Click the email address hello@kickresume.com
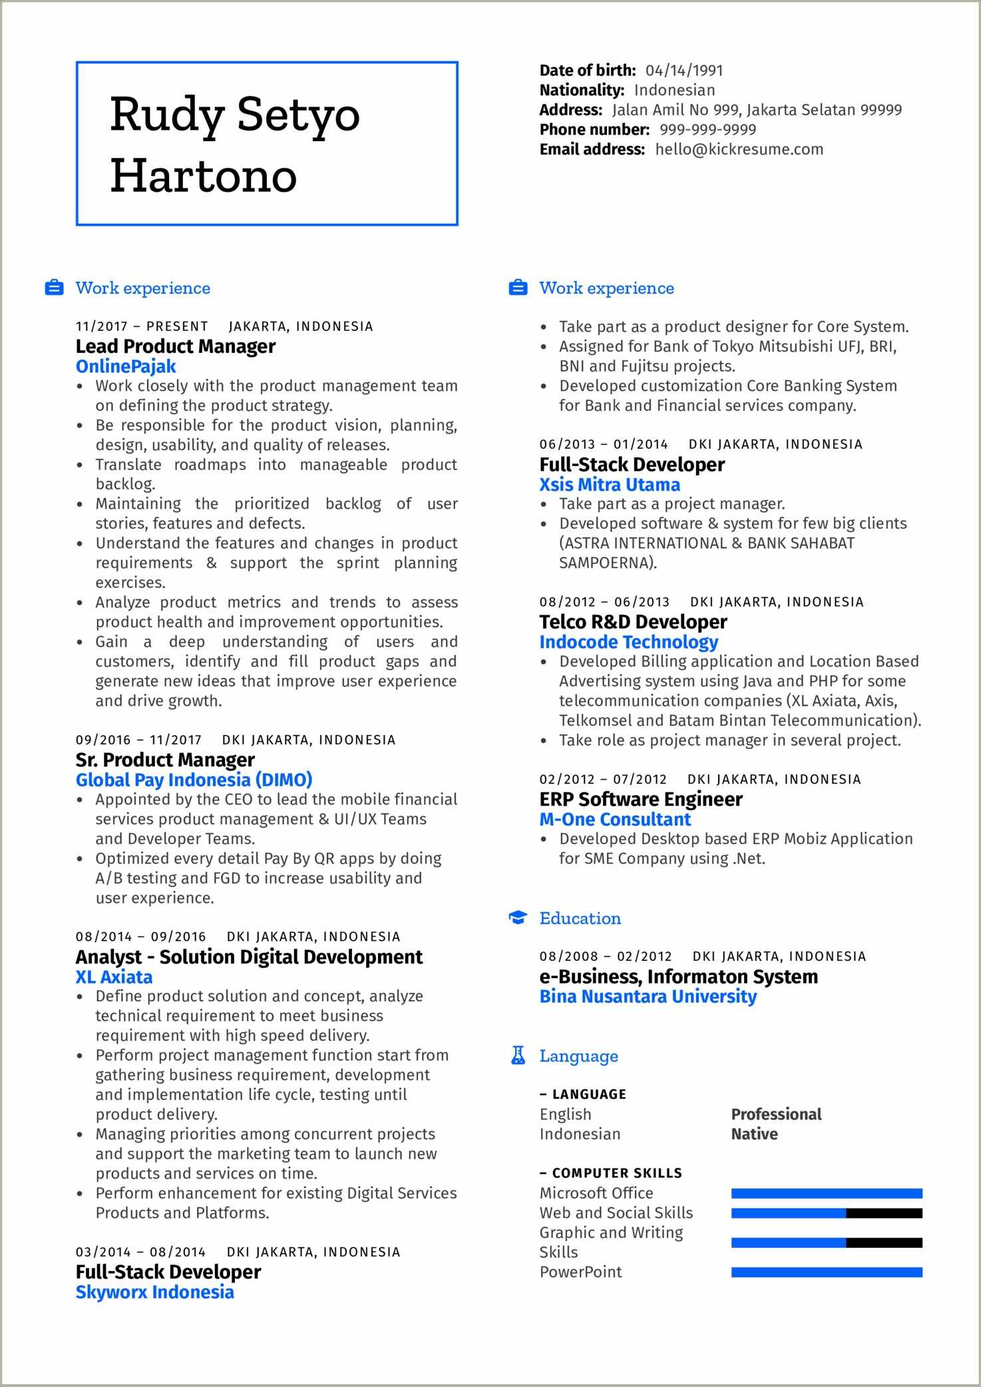[739, 149]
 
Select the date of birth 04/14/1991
[684, 71]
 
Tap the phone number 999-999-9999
[707, 130]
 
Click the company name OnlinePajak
[126, 366]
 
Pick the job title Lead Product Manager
[175, 346]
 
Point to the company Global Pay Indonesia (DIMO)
[194, 780]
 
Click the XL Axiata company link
[114, 977]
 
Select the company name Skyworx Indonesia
[154, 1292]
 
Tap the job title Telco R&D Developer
[633, 622]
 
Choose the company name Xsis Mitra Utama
[610, 485]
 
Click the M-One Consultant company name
[615, 819]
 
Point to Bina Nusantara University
[648, 996]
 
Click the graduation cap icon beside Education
[518, 918]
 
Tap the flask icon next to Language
[518, 1055]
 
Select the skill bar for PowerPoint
[827, 1272]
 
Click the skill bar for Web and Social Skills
[827, 1213]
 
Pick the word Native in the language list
[754, 1134]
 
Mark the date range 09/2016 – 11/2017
[138, 740]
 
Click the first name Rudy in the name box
[166, 115]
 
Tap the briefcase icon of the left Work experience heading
[54, 288]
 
